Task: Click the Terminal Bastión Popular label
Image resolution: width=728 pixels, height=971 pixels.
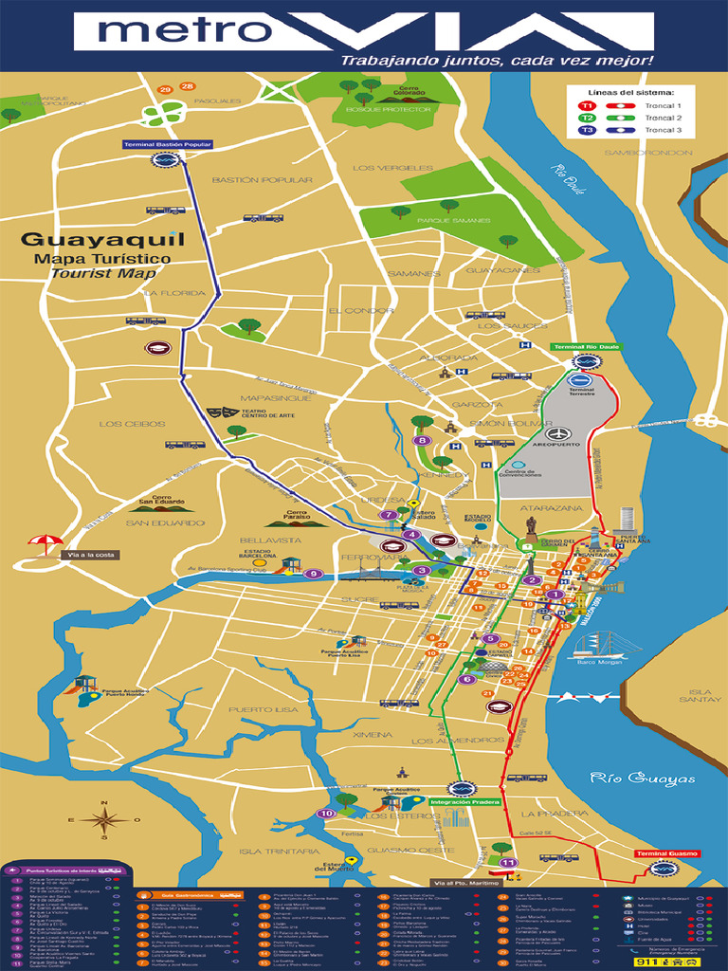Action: (167, 145)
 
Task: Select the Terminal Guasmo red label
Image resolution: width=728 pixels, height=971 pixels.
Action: (666, 854)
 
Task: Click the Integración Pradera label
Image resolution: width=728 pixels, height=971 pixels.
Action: (464, 802)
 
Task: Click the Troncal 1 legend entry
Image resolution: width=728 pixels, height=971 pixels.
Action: (664, 105)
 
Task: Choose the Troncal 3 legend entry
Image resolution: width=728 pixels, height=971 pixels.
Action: (664, 130)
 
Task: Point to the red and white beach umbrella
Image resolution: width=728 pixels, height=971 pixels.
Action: (45, 546)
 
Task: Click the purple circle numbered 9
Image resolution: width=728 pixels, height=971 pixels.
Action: (315, 574)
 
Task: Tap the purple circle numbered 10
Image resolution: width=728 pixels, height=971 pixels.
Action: (325, 813)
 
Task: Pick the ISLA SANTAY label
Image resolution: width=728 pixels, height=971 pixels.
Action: (706, 697)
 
